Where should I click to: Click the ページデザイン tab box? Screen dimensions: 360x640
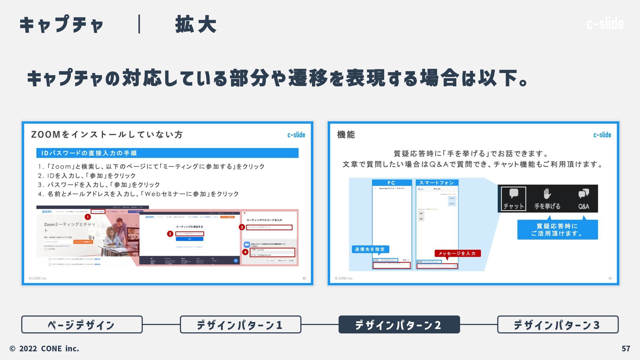(x=82, y=324)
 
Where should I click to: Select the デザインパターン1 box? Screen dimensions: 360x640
(x=240, y=324)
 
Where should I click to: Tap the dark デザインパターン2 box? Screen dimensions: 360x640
(x=399, y=324)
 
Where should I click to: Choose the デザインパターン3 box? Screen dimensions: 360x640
(x=558, y=324)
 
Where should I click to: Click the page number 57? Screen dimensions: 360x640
(x=626, y=349)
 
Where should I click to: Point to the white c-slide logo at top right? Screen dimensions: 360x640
(x=605, y=24)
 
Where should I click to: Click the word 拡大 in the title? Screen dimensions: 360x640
(x=196, y=24)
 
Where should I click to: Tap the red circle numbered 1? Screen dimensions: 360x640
(x=88, y=217)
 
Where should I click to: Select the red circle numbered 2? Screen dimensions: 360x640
(x=170, y=234)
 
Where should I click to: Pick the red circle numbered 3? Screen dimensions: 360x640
(x=242, y=227)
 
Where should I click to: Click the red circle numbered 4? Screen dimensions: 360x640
(x=245, y=252)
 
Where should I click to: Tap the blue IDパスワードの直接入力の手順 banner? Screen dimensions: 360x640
(x=167, y=153)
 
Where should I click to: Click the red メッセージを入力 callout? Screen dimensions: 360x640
(x=457, y=253)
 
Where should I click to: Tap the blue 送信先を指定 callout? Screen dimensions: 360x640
(x=370, y=249)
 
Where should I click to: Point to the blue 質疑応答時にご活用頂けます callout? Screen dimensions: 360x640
(x=557, y=230)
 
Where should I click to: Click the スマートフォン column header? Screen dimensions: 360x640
(x=437, y=183)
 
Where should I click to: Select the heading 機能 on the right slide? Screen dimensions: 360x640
(x=346, y=135)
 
